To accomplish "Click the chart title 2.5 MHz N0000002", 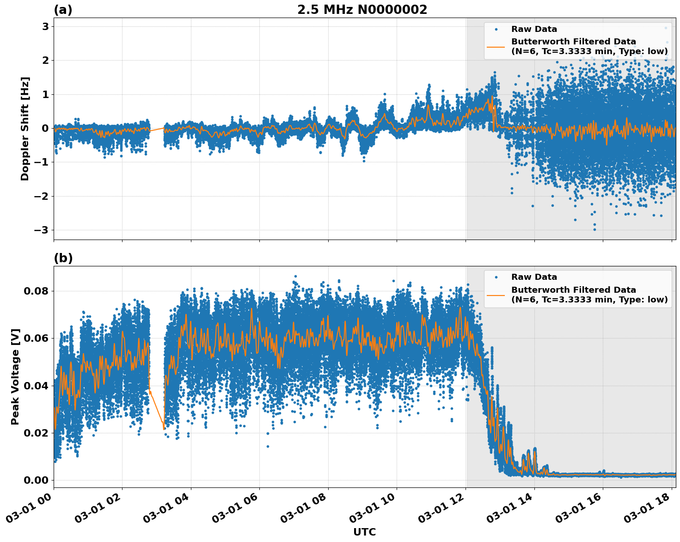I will (x=362, y=10).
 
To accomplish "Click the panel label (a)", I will (x=63, y=10).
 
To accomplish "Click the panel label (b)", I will (x=63, y=258).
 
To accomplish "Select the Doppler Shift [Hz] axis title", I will (x=25, y=129).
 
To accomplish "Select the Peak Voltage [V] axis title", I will (x=15, y=376).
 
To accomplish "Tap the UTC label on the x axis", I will (x=364, y=532).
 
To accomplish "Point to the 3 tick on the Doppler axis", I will (x=46, y=27).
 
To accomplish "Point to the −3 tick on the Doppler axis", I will (x=43, y=230).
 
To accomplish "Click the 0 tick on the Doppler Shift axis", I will (x=46, y=129).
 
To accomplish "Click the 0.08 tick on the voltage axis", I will (x=36, y=291).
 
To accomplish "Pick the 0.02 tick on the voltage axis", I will (x=36, y=433).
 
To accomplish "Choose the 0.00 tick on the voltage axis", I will (x=36, y=480).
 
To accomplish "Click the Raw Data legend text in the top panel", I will (x=534, y=29).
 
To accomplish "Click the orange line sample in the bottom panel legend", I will (x=496, y=295).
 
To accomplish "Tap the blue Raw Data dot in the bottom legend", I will (x=496, y=277).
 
